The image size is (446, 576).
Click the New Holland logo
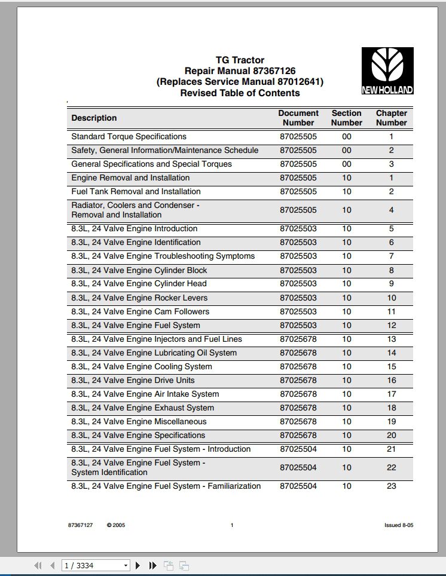click(387, 71)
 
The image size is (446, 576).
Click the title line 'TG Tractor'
click(240, 60)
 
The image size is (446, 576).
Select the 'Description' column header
click(94, 118)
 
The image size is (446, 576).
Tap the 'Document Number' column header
click(298, 118)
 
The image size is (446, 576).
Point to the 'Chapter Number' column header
click(391, 118)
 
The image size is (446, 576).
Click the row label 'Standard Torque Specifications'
click(129, 136)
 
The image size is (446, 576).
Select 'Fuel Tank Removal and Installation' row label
click(136, 191)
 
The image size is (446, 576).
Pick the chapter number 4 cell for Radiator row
click(391, 210)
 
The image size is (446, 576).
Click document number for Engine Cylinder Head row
click(298, 283)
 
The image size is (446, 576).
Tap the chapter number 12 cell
click(391, 325)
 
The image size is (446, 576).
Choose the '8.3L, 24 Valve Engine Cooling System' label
click(141, 366)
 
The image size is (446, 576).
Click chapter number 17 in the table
click(391, 394)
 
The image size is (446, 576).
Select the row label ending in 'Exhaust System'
click(142, 408)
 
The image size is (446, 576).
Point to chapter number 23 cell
click(391, 486)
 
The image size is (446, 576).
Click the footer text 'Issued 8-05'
click(399, 525)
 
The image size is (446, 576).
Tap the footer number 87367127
click(80, 525)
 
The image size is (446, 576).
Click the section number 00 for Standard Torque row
click(347, 136)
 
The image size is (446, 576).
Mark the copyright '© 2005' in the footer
click(116, 525)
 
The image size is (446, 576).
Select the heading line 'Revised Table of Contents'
click(240, 93)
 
